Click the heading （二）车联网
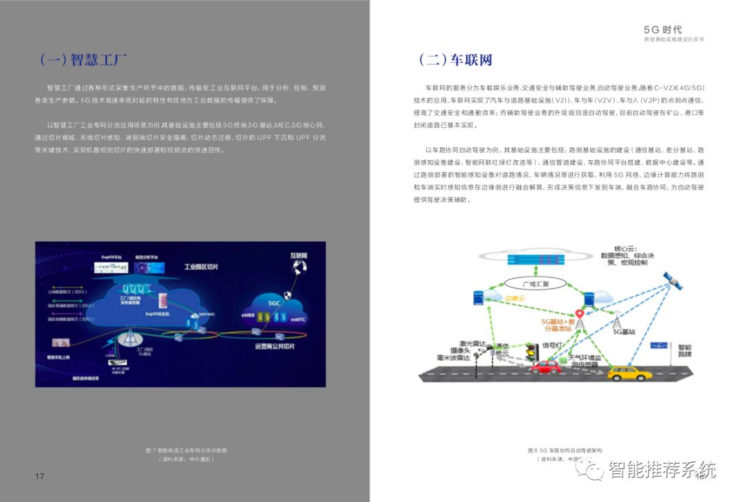click(456, 60)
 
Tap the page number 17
click(39, 476)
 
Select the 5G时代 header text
click(663, 29)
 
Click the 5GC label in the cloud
click(274, 302)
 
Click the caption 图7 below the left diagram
click(186, 451)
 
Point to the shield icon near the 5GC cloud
click(288, 295)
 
